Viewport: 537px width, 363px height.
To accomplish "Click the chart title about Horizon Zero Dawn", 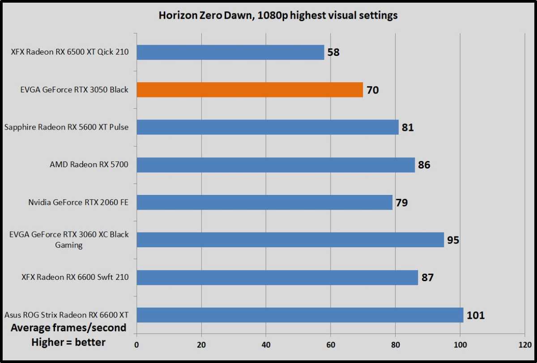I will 278,16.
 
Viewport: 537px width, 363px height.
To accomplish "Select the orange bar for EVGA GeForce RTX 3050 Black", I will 249,90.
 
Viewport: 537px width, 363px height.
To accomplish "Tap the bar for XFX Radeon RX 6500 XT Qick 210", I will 230,52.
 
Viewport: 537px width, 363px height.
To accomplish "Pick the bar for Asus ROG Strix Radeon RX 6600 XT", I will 300,315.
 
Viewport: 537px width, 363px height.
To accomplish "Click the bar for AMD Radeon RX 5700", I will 275,165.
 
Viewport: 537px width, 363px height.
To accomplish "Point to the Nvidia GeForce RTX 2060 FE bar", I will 264,202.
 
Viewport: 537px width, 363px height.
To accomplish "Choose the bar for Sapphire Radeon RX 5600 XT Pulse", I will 267,127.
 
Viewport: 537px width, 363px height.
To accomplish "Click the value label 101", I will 476,315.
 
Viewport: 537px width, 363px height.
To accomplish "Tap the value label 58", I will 333,52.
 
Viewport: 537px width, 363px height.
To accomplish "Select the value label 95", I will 453,240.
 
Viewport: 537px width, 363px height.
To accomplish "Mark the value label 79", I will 401,203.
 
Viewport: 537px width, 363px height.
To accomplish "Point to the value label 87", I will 427,278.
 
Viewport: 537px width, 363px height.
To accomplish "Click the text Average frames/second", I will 68,328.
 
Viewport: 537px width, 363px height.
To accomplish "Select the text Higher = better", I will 68,342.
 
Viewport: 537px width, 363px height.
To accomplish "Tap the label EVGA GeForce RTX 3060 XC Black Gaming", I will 69,240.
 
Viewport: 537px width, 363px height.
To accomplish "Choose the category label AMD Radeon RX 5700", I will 89,165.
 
